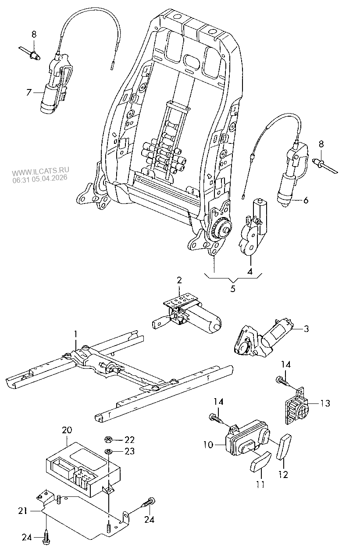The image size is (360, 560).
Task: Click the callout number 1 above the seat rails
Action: click(x=75, y=335)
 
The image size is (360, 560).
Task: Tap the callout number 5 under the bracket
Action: click(x=233, y=289)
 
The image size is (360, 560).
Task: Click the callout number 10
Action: click(x=208, y=445)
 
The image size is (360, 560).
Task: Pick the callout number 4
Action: click(x=250, y=271)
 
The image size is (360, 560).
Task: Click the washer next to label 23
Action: click(x=107, y=451)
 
